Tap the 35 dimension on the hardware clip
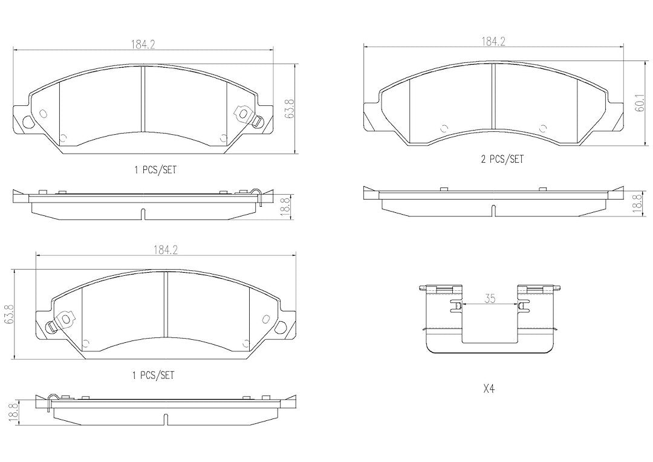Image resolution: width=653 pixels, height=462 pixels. (490, 298)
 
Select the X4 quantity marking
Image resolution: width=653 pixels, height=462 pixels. (489, 389)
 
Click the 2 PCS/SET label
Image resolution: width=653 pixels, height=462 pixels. (502, 158)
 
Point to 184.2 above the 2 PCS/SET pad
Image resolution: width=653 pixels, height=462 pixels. (493, 41)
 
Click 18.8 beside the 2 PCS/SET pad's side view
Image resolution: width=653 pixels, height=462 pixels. (636, 204)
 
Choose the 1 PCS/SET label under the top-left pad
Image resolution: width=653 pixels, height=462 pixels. (155, 169)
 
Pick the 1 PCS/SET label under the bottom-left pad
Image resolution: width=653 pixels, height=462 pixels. (153, 375)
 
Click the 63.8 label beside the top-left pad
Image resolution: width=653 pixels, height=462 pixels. (290, 109)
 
